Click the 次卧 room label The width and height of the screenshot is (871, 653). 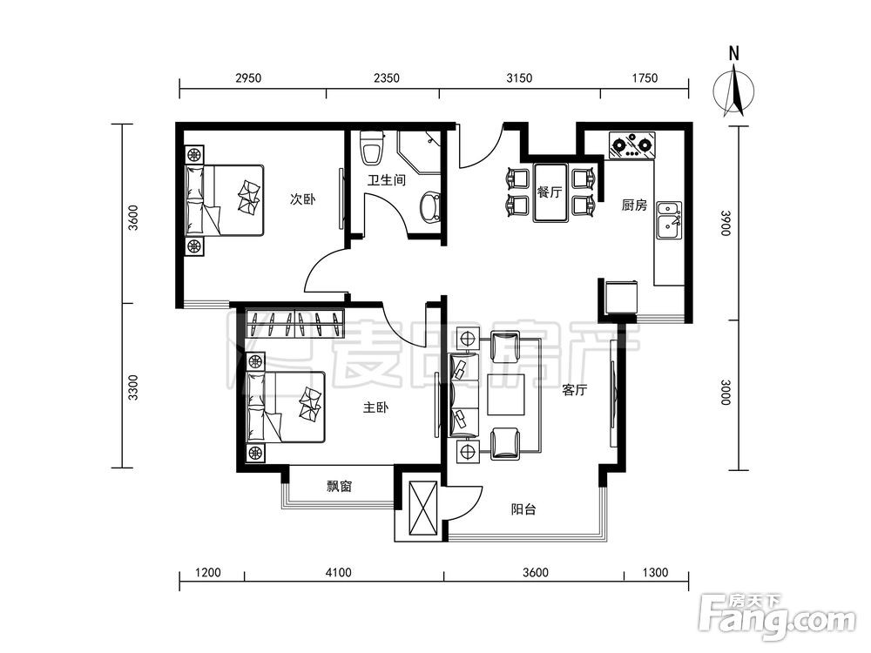[303, 199]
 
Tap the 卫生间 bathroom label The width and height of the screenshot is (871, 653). [387, 180]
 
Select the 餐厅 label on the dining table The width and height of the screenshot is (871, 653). [550, 192]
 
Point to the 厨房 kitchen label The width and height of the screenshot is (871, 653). [634, 205]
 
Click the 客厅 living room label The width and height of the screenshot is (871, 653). [574, 390]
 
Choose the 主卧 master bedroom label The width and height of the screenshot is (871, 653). [375, 407]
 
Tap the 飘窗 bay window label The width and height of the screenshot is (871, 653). [339, 487]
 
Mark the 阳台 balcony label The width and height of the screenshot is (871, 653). [523, 508]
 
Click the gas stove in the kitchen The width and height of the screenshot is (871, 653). [631, 145]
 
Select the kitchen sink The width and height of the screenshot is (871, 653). [669, 220]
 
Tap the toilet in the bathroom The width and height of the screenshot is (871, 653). [372, 147]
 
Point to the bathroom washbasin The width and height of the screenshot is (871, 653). [430, 208]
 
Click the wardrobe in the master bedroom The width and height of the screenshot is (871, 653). [295, 323]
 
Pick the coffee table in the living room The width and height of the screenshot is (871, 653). [507, 394]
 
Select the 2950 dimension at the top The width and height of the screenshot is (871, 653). [248, 77]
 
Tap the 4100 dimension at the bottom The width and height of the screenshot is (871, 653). [338, 572]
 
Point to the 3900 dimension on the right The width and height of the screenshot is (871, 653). [726, 223]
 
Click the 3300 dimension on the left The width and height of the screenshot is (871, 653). [132, 387]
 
